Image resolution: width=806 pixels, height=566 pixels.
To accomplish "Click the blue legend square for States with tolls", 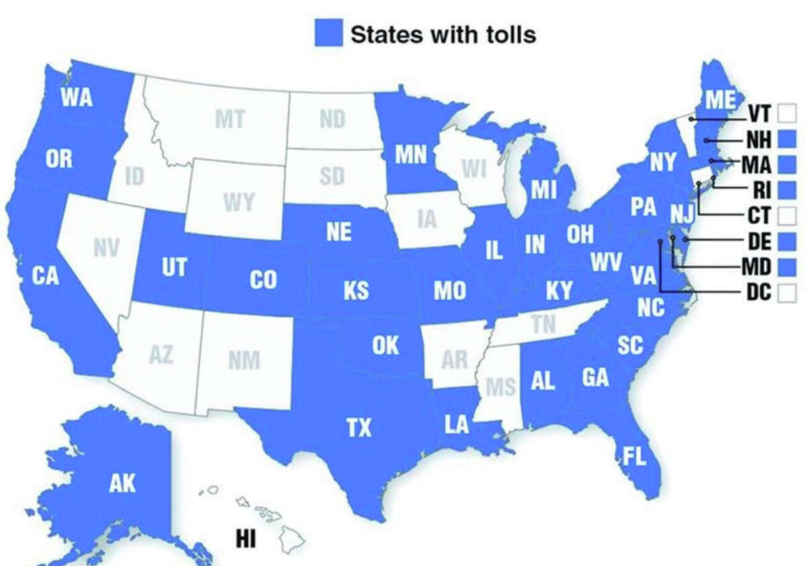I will [x=328, y=33].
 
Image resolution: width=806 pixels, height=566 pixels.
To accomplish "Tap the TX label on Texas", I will [x=359, y=428].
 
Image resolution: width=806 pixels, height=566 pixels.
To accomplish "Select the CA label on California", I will [x=45, y=276].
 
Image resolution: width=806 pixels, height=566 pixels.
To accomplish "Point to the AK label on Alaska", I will [x=123, y=483].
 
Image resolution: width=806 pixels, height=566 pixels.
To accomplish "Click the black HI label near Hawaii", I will [x=246, y=539].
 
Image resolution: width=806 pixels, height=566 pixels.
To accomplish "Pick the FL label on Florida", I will [x=633, y=458].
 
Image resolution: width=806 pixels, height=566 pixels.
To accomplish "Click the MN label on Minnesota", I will [x=410, y=155].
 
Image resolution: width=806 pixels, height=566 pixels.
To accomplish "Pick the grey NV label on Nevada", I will [x=106, y=248].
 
